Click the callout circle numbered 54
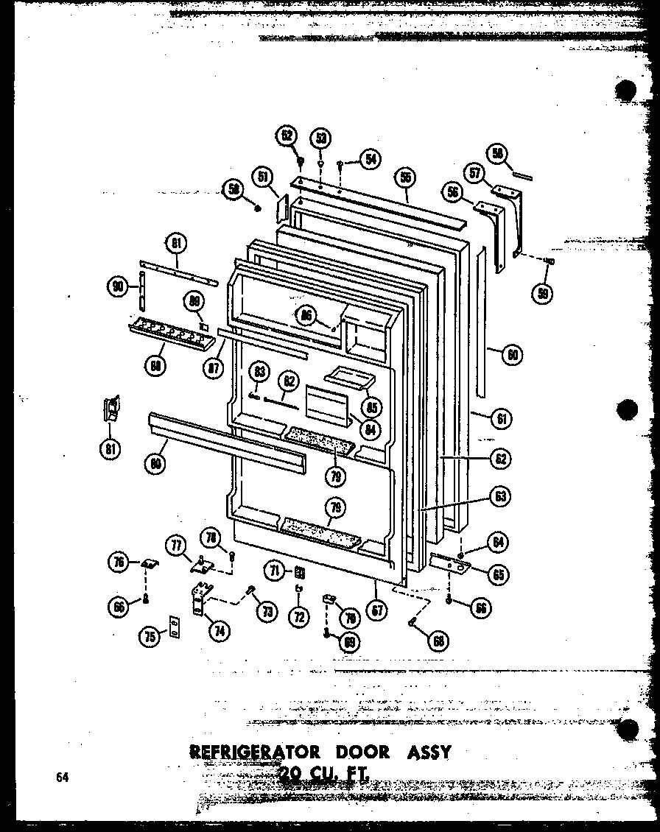[x=370, y=158]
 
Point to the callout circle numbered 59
[x=544, y=292]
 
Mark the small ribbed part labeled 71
[x=299, y=571]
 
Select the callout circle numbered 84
[x=371, y=428]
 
